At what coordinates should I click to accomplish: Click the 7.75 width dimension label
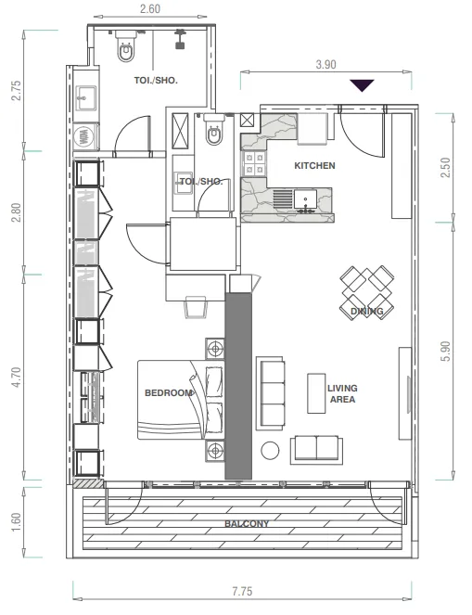(x=242, y=591)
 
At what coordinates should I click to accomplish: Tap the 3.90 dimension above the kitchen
(x=325, y=64)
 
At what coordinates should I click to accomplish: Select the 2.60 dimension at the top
(x=150, y=8)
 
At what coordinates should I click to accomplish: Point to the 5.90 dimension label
(x=446, y=351)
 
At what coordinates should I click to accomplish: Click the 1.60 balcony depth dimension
(x=16, y=522)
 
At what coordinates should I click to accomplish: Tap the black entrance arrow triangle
(x=362, y=85)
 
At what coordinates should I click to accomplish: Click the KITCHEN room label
(x=314, y=165)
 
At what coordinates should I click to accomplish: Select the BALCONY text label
(x=247, y=523)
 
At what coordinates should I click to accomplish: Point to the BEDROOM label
(x=169, y=392)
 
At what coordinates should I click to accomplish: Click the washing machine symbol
(x=83, y=137)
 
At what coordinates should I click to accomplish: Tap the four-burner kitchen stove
(x=254, y=163)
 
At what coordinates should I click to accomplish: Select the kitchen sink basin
(x=305, y=199)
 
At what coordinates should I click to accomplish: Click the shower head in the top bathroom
(x=180, y=39)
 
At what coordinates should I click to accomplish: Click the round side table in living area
(x=270, y=450)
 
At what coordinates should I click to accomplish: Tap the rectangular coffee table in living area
(x=316, y=393)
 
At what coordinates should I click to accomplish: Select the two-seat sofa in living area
(x=316, y=450)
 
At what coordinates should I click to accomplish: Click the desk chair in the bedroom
(x=196, y=307)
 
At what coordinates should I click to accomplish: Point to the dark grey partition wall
(x=238, y=386)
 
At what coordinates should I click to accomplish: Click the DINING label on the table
(x=367, y=311)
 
